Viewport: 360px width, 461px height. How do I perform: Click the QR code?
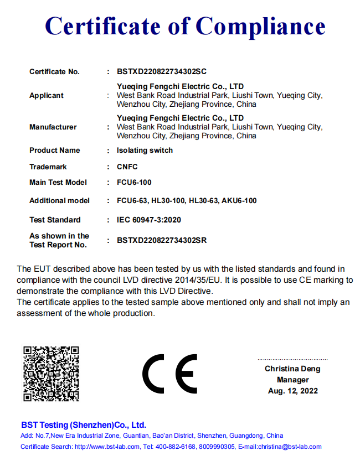click(51, 374)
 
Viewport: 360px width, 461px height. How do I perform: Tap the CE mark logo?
click(169, 374)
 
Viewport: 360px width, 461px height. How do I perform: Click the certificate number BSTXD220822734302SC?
click(162, 72)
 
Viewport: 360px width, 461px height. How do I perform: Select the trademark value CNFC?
click(127, 167)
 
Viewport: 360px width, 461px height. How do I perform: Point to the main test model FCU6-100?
click(134, 182)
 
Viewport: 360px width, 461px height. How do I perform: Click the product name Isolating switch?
click(145, 151)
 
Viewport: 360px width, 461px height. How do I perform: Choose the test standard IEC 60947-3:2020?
click(149, 220)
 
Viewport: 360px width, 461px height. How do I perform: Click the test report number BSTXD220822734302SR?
click(162, 240)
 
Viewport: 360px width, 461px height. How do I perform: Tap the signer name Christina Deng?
click(292, 369)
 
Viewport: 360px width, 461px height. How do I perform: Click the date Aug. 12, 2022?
click(292, 391)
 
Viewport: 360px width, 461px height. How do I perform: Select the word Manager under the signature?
click(292, 380)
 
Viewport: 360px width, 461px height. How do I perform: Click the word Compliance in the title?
click(261, 26)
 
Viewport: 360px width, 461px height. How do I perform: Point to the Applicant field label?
click(47, 96)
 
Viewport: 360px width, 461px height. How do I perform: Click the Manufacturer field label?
click(53, 127)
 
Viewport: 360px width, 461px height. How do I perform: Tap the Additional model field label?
click(59, 200)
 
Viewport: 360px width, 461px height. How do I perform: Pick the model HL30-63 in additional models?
click(203, 200)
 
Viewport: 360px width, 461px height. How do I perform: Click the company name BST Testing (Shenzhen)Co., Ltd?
click(84, 425)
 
